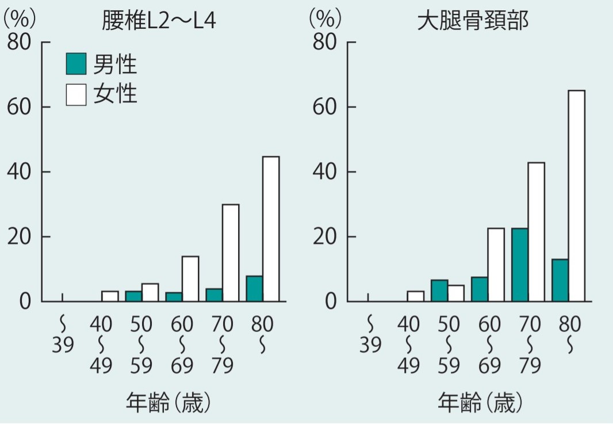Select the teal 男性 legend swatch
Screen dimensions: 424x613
click(76, 64)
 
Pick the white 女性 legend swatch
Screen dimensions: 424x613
click(76, 94)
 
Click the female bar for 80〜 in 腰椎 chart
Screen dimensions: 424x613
click(271, 229)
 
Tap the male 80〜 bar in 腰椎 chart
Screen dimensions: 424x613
click(254, 289)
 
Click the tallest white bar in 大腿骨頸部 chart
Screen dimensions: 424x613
click(576, 196)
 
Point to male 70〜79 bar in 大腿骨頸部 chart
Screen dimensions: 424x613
click(520, 265)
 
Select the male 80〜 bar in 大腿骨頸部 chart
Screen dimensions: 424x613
click(560, 280)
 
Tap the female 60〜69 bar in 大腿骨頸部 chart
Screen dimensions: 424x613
click(496, 265)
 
